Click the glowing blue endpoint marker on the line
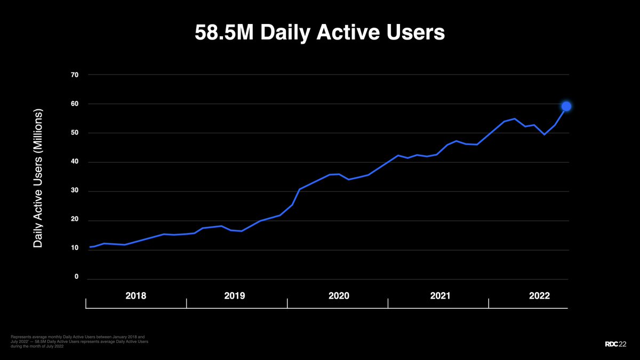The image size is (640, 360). click(x=566, y=106)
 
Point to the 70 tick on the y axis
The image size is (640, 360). click(x=75, y=75)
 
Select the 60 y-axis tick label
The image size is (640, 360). click(x=75, y=104)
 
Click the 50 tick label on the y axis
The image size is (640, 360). click(x=75, y=133)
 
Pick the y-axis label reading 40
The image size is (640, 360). click(x=75, y=162)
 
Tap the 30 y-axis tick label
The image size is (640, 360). click(x=75, y=191)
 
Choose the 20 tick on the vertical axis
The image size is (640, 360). click(x=75, y=220)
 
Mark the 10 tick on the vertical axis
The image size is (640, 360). click(x=75, y=249)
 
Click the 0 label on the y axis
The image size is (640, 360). click(x=76, y=277)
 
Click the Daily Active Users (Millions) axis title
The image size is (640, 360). click(x=38, y=178)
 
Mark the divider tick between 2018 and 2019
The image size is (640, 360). click(x=186, y=303)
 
